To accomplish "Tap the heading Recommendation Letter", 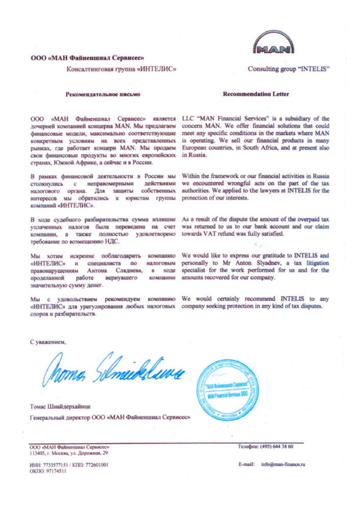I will [x=256, y=94].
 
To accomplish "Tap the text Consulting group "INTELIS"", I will [x=289, y=68].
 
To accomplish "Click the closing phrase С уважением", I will [x=48, y=342].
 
